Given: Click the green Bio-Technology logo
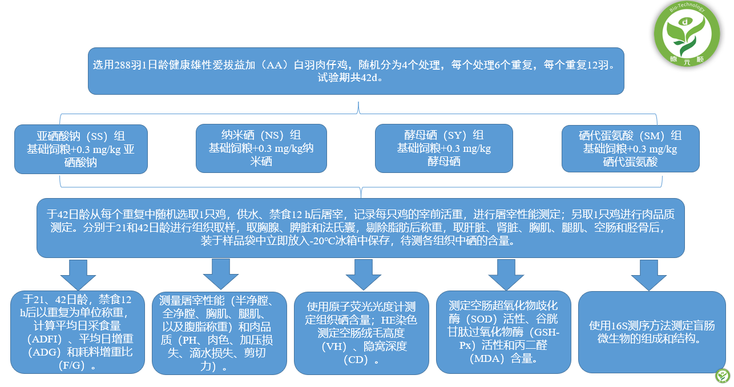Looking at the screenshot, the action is tap(687, 34).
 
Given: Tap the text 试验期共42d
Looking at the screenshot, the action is tap(350, 78).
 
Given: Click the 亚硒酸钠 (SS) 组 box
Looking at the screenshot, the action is tap(81, 149).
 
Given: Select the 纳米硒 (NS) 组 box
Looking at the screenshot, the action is tap(261, 148).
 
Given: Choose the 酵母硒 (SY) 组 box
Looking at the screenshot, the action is tap(443, 148).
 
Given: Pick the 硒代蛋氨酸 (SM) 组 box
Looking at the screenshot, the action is tap(630, 148).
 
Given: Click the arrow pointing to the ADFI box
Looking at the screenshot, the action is tap(78, 275).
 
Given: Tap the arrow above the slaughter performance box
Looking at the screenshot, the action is tap(220, 275).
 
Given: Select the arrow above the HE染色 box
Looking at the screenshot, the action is tap(363, 275).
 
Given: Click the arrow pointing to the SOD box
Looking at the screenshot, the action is tap(506, 275).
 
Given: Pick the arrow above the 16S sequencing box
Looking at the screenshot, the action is tap(649, 275).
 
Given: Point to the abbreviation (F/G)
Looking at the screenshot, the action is tap(72, 365).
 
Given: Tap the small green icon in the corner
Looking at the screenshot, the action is tap(723, 376).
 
